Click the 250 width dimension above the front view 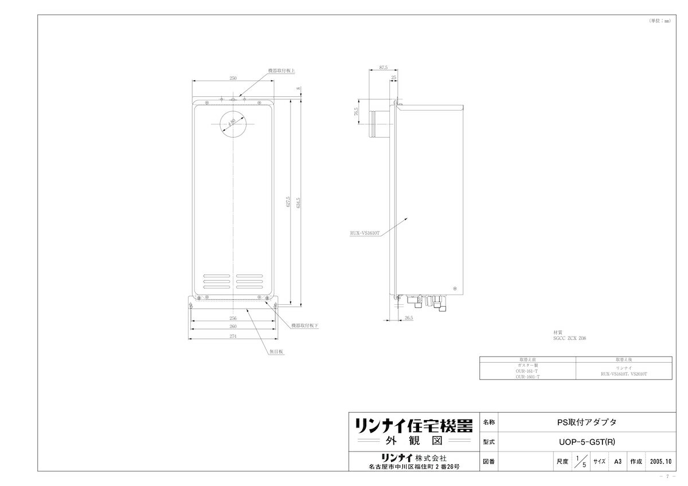pyautogui.click(x=233, y=78)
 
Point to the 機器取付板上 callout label pyautogui.click(x=282, y=71)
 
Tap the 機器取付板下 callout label pyautogui.click(x=304, y=325)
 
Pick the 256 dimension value pyautogui.click(x=233, y=318)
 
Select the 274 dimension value pyautogui.click(x=233, y=336)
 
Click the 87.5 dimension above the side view pyautogui.click(x=384, y=68)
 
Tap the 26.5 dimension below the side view pyautogui.click(x=408, y=318)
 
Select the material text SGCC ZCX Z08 pyautogui.click(x=569, y=339)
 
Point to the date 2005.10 pyautogui.click(x=661, y=461)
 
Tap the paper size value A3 pyautogui.click(x=617, y=461)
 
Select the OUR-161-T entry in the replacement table pyautogui.click(x=527, y=371)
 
